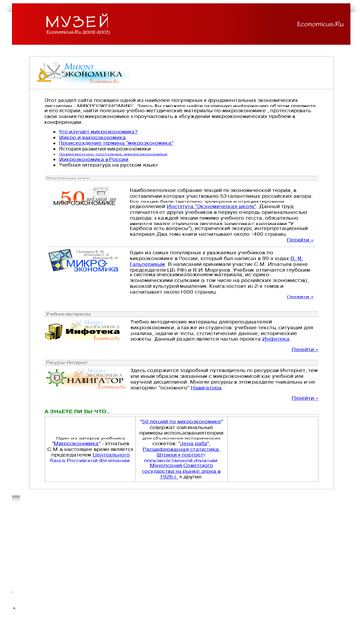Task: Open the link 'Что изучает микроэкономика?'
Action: tap(97, 131)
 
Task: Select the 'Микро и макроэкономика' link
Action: tap(92, 137)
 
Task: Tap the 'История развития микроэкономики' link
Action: tap(103, 148)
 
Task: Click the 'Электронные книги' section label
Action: tap(68, 178)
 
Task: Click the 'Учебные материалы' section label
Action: tap(68, 313)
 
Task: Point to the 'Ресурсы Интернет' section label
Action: tap(67, 362)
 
